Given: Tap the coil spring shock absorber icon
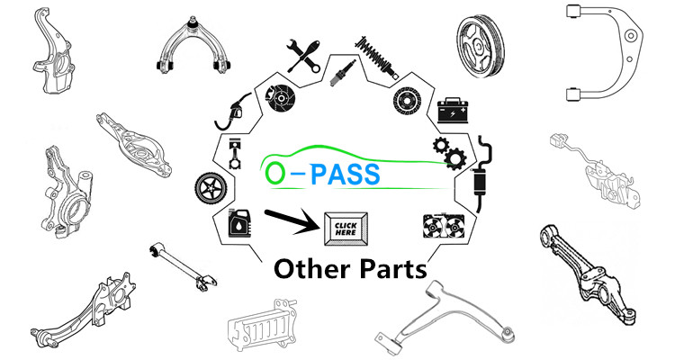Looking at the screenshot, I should point(377,56).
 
